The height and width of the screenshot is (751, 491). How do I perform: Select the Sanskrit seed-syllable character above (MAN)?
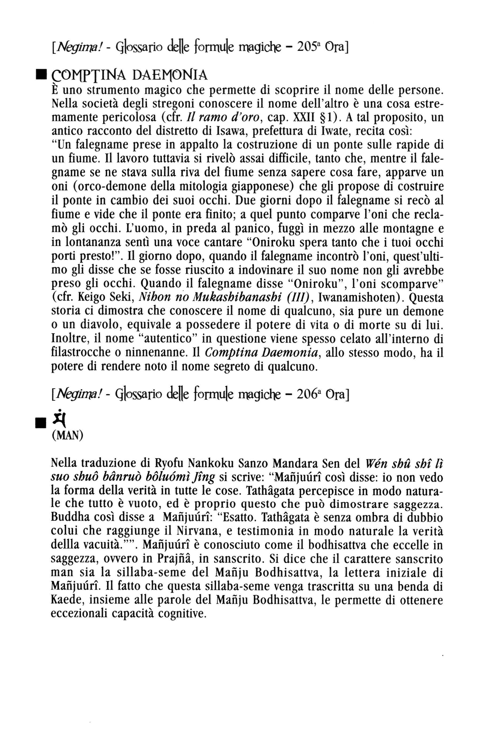[59, 418]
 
